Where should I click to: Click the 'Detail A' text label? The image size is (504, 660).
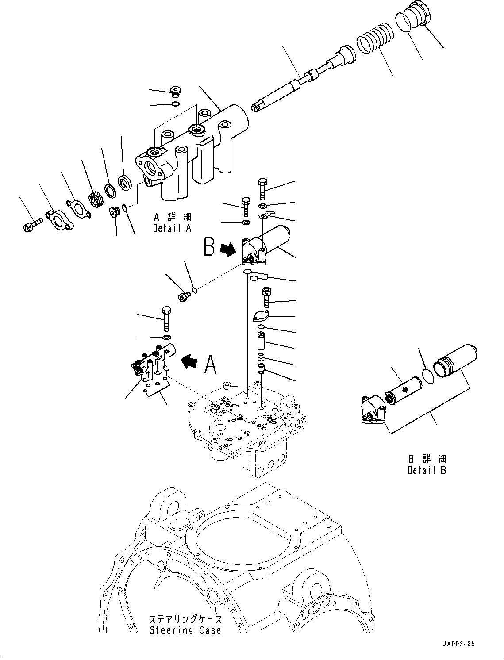(172, 229)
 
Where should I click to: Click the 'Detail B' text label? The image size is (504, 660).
(427, 471)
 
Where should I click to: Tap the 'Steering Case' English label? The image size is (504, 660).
(185, 630)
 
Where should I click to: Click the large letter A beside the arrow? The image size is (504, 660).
(211, 365)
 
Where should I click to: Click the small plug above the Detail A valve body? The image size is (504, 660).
(176, 92)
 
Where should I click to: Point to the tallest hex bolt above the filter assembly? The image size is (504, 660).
(262, 188)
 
